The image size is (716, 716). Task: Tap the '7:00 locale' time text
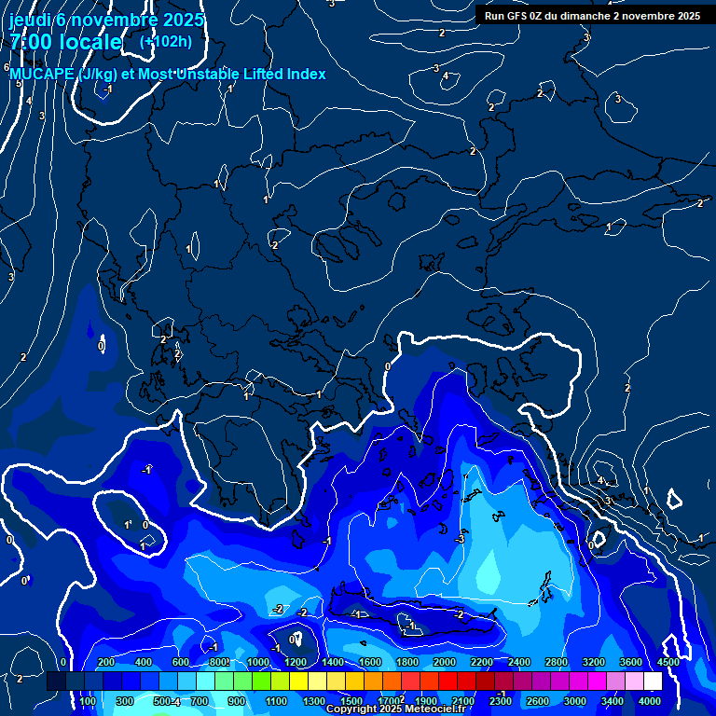point(65,42)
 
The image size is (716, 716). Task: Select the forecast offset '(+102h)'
point(167,42)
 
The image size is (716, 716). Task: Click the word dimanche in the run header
point(580,16)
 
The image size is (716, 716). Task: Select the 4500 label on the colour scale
point(668,662)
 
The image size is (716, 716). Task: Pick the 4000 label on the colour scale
point(650,701)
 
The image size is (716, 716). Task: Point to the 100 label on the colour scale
point(88,701)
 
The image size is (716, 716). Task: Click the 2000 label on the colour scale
point(444,662)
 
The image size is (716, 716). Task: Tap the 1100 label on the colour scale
point(276,701)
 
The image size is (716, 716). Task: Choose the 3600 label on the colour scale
point(631,662)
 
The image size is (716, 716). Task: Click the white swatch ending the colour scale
point(653,682)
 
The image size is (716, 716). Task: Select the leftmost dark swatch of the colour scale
point(56,682)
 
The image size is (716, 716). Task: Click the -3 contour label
point(460,540)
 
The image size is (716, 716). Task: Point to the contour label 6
point(7,68)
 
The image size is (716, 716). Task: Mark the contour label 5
point(18,84)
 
